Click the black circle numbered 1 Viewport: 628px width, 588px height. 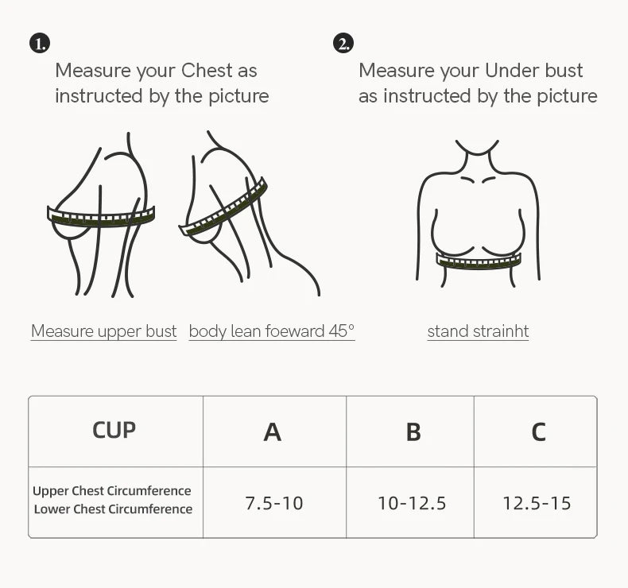click(40, 44)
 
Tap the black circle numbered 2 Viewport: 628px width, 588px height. click(343, 44)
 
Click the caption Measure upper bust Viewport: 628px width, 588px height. click(103, 331)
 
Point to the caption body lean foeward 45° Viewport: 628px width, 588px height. click(272, 331)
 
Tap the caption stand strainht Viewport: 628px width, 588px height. click(478, 331)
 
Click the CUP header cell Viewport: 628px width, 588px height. click(114, 430)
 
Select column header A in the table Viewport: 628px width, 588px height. click(273, 431)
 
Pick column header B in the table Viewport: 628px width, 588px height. click(413, 431)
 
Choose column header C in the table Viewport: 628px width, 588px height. click(538, 431)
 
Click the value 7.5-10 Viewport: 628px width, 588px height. click(274, 503)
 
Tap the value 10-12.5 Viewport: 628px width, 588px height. click(412, 503)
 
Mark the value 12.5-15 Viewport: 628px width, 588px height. click(537, 503)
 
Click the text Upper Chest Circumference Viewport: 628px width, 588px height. click(112, 491)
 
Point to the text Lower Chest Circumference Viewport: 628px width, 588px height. click(113, 509)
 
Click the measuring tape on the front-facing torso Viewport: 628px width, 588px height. click(479, 261)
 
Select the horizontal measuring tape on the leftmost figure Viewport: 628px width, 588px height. click(101, 216)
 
